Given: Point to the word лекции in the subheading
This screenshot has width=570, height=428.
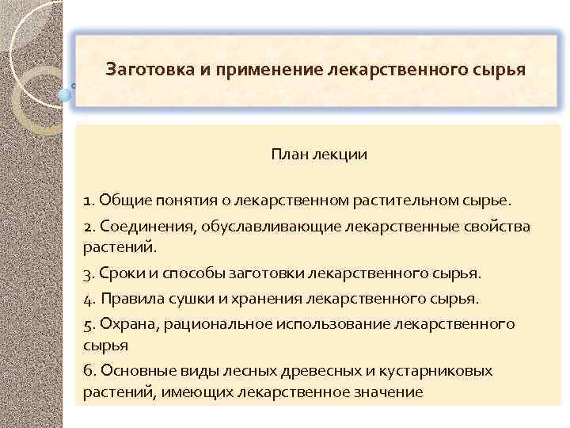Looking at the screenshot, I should click(340, 155).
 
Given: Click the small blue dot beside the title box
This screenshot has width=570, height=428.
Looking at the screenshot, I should click(65, 94).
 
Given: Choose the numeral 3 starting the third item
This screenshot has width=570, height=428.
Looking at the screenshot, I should click(87, 273).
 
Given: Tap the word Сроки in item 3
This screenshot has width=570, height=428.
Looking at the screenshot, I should click(120, 273).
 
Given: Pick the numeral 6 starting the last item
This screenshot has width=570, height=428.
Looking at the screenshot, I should click(87, 371).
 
